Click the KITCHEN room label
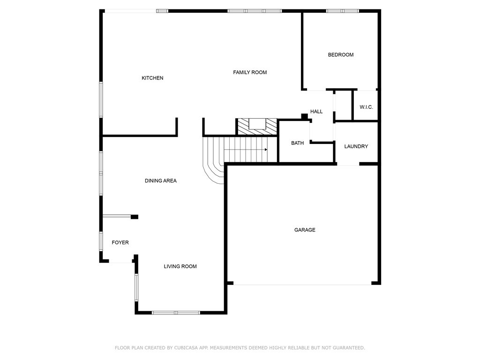(152, 78)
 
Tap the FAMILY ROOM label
(250, 73)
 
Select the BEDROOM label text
(341, 55)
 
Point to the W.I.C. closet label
(366, 107)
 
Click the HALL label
(316, 112)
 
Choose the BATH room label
(297, 143)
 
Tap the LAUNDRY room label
(356, 146)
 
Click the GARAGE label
(305, 230)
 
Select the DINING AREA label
(161, 181)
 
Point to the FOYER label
(120, 242)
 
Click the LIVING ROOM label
(180, 266)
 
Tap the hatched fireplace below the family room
(257, 127)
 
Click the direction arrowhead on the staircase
(266, 150)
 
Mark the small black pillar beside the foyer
(135, 217)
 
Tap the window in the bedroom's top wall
(342, 11)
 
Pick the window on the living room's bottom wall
(176, 313)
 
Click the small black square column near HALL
(304, 117)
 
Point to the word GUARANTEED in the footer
(349, 348)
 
